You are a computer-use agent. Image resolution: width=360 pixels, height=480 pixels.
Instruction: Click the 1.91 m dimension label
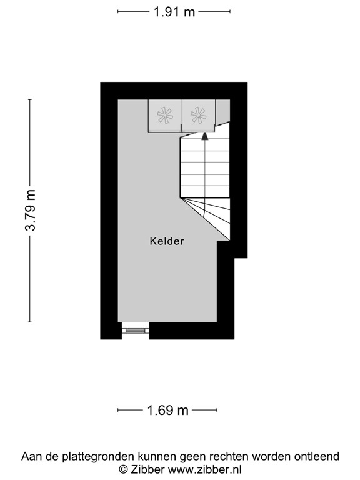pos(174,11)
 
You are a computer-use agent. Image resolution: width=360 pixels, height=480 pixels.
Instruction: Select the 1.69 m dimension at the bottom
pos(168,411)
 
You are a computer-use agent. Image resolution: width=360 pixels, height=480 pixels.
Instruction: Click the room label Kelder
pos(167,241)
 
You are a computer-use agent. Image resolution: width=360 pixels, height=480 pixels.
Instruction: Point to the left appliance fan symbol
pos(165,115)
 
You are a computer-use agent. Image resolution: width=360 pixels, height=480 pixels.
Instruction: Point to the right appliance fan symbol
pos(198,115)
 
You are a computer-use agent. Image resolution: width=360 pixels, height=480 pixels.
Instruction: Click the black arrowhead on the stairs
pos(205,135)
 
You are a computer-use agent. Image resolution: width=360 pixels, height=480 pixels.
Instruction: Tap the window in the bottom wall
pos(135,330)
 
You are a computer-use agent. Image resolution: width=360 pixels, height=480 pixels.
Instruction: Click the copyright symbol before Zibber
pos(123,469)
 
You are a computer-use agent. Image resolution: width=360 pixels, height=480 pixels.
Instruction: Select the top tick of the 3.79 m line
pos(30,99)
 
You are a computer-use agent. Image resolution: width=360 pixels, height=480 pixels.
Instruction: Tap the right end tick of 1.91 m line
pos(229,11)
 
